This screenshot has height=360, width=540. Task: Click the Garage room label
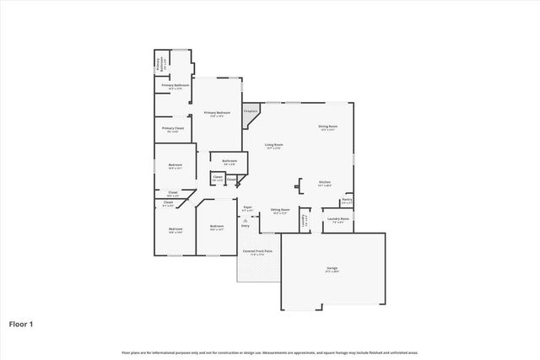tap(332, 270)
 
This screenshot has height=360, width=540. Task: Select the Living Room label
tap(273, 145)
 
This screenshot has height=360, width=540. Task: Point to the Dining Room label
tap(327, 127)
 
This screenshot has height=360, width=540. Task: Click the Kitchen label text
tap(324, 183)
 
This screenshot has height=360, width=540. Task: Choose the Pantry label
tap(347, 201)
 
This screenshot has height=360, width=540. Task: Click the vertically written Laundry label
tap(304, 221)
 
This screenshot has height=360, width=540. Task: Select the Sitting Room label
tap(280, 211)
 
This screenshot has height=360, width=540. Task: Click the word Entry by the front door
tap(246, 226)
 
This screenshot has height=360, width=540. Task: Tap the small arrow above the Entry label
tap(246, 219)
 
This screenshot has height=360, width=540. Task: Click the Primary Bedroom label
tap(217, 113)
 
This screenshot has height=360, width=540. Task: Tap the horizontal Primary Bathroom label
tap(175, 85)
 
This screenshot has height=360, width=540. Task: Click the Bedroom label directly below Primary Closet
tap(175, 165)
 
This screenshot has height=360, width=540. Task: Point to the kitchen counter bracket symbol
tap(298, 186)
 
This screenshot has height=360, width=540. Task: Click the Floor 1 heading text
tap(21, 323)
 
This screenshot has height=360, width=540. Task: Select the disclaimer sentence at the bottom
tap(270, 352)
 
